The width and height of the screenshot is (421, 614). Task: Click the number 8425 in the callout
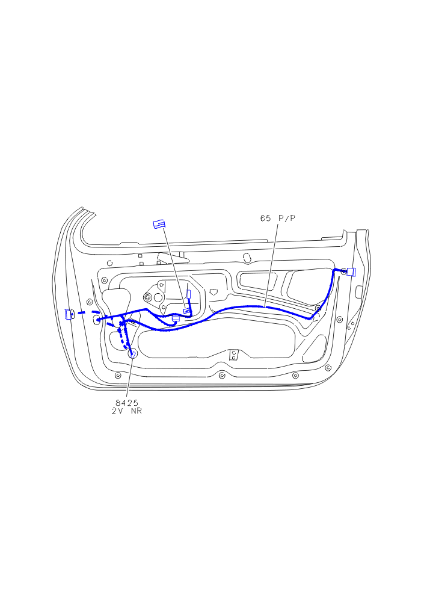(x=127, y=403)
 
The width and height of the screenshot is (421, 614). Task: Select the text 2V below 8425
(x=117, y=411)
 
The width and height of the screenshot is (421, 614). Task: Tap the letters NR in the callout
(x=136, y=411)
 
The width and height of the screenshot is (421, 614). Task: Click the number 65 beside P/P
(x=266, y=218)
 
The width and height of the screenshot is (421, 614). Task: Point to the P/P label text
(x=287, y=218)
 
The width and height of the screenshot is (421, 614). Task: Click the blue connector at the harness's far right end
(x=351, y=271)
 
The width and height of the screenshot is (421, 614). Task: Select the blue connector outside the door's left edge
(x=69, y=314)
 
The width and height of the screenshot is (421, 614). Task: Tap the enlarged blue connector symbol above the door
(x=159, y=225)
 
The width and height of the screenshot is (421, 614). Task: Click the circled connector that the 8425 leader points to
(x=133, y=354)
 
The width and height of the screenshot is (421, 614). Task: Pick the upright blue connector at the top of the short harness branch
(x=188, y=294)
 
